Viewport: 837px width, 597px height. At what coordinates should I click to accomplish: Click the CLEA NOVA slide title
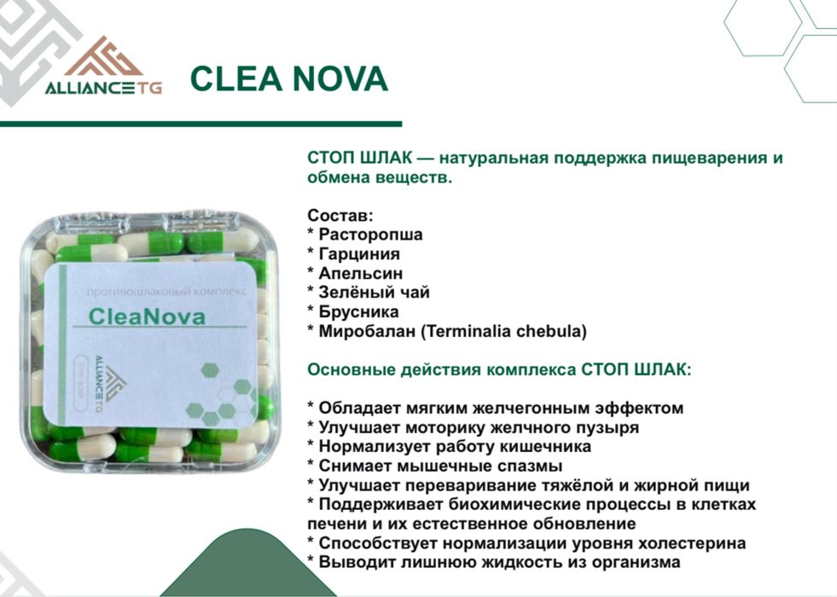click(288, 78)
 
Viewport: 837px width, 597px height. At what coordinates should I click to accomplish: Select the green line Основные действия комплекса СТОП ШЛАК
click(499, 369)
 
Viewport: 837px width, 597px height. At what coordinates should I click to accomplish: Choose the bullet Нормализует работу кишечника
click(454, 446)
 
